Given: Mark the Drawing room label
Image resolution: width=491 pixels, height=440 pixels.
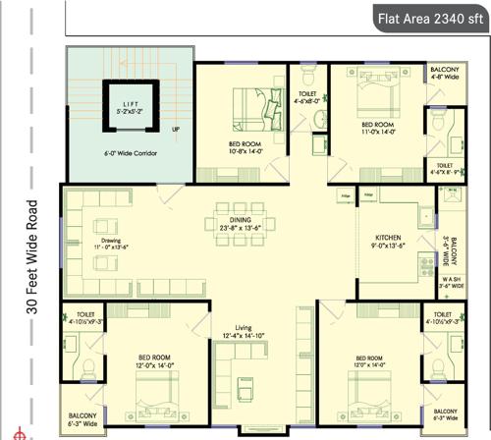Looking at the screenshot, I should pos(110,238).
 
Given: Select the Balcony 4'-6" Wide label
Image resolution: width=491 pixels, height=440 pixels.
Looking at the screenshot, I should pos(442,72).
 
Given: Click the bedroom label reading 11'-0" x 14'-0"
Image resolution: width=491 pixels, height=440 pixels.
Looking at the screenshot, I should pos(377,129).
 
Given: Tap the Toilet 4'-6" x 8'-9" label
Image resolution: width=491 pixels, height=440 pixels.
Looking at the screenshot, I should pos(444,169).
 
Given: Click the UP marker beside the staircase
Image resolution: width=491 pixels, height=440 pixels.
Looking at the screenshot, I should pos(176,130).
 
